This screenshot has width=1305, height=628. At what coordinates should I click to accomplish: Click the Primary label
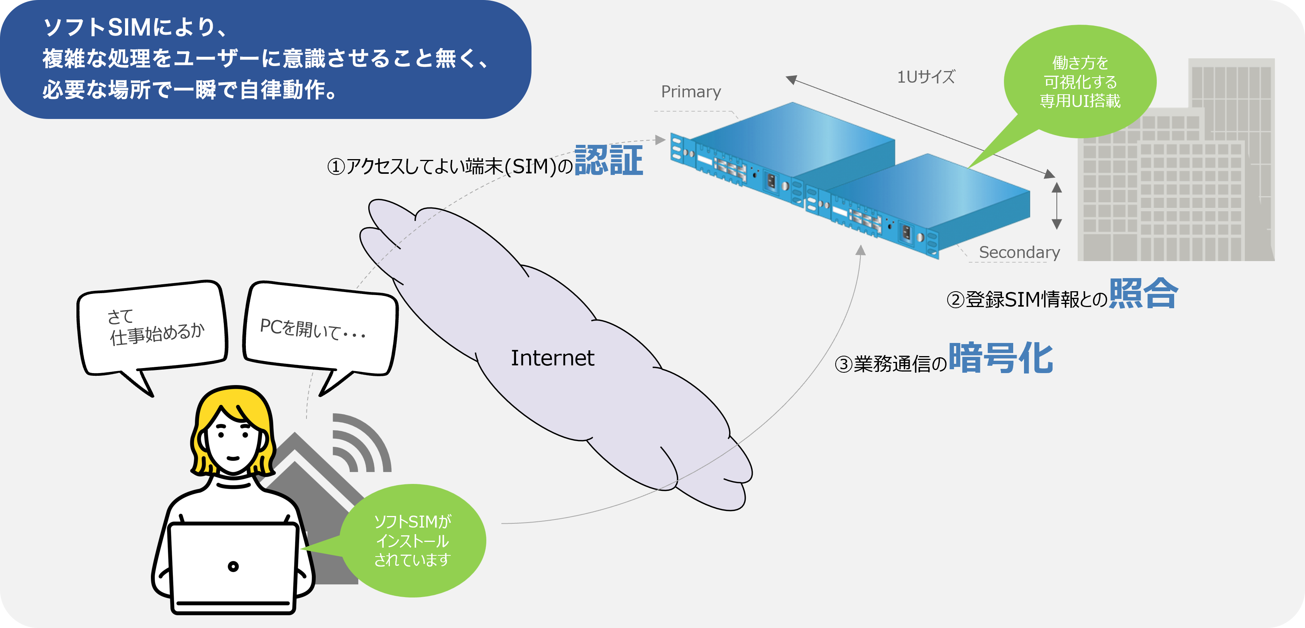tap(691, 92)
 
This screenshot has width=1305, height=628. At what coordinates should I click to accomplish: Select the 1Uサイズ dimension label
tap(926, 77)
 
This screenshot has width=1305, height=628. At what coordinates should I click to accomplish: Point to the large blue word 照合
tap(1143, 294)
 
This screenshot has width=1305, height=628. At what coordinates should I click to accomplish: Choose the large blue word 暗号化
tap(1000, 358)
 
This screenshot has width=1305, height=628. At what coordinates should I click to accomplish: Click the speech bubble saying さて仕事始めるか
tap(152, 328)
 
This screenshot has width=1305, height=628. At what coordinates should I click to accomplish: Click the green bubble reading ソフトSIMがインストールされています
tap(412, 540)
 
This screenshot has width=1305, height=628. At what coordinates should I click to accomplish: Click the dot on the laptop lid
tap(233, 566)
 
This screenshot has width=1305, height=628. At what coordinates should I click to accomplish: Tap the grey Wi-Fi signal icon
tap(360, 443)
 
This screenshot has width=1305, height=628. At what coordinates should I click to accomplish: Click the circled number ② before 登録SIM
tap(955, 300)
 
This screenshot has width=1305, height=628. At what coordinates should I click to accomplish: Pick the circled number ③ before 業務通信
tap(843, 364)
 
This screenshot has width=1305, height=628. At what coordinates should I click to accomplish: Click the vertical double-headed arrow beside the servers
tap(1056, 206)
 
